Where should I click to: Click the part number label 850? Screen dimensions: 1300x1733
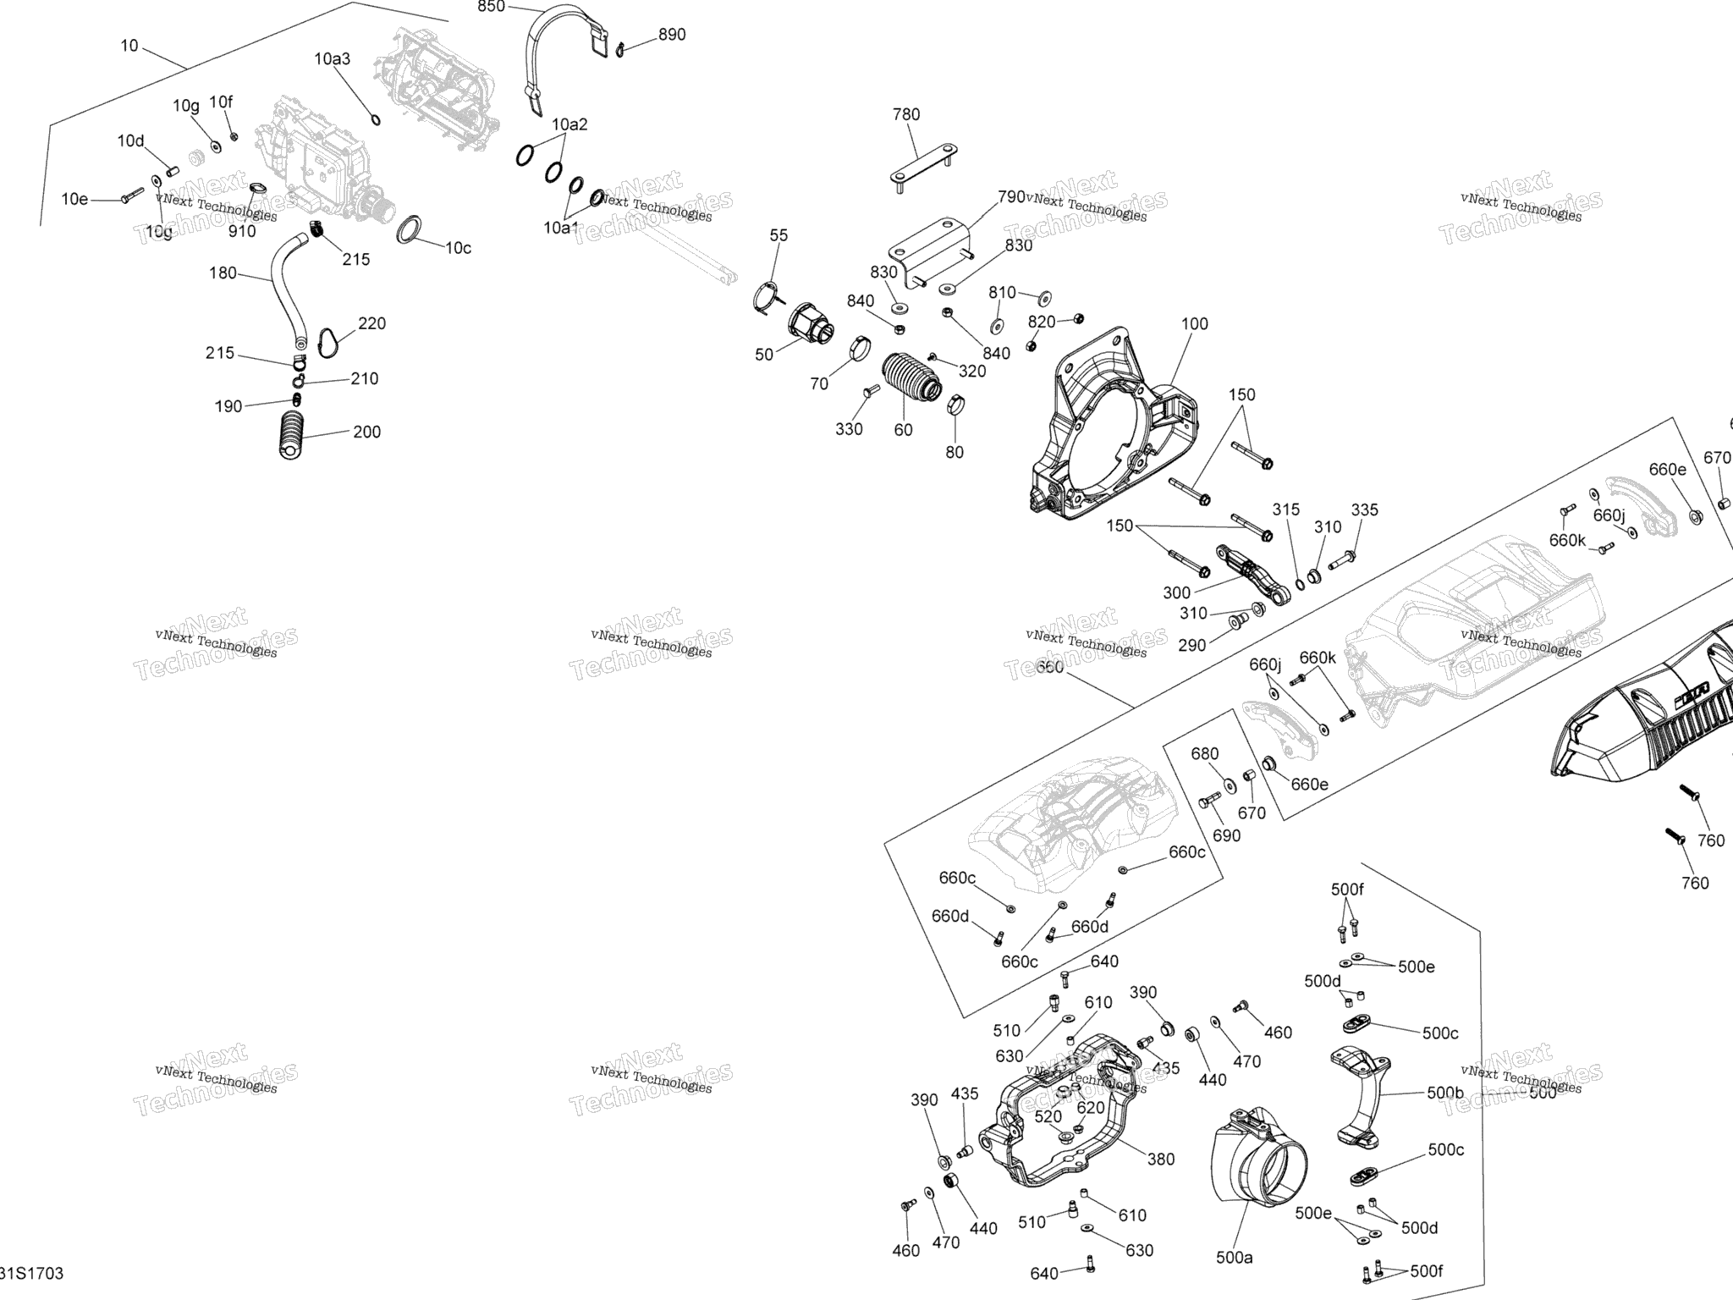[491, 7]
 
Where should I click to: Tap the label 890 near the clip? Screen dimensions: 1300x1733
[672, 35]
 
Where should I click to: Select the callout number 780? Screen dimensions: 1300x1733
[906, 114]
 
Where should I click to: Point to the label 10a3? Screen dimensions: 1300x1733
[332, 59]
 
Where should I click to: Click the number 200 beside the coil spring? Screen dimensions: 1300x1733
[366, 432]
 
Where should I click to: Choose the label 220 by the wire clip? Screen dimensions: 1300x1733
[371, 323]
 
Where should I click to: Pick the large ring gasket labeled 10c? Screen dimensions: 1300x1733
[410, 230]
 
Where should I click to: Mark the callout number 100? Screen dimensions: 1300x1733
[1195, 323]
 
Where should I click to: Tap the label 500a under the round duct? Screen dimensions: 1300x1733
[1234, 1258]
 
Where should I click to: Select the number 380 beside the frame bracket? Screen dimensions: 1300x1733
[1161, 1160]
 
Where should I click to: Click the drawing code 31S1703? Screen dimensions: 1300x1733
[32, 1274]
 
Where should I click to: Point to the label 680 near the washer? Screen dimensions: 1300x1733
[1205, 754]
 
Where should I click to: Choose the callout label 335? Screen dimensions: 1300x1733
[1364, 510]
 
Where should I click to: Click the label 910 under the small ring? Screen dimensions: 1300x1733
[242, 231]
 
